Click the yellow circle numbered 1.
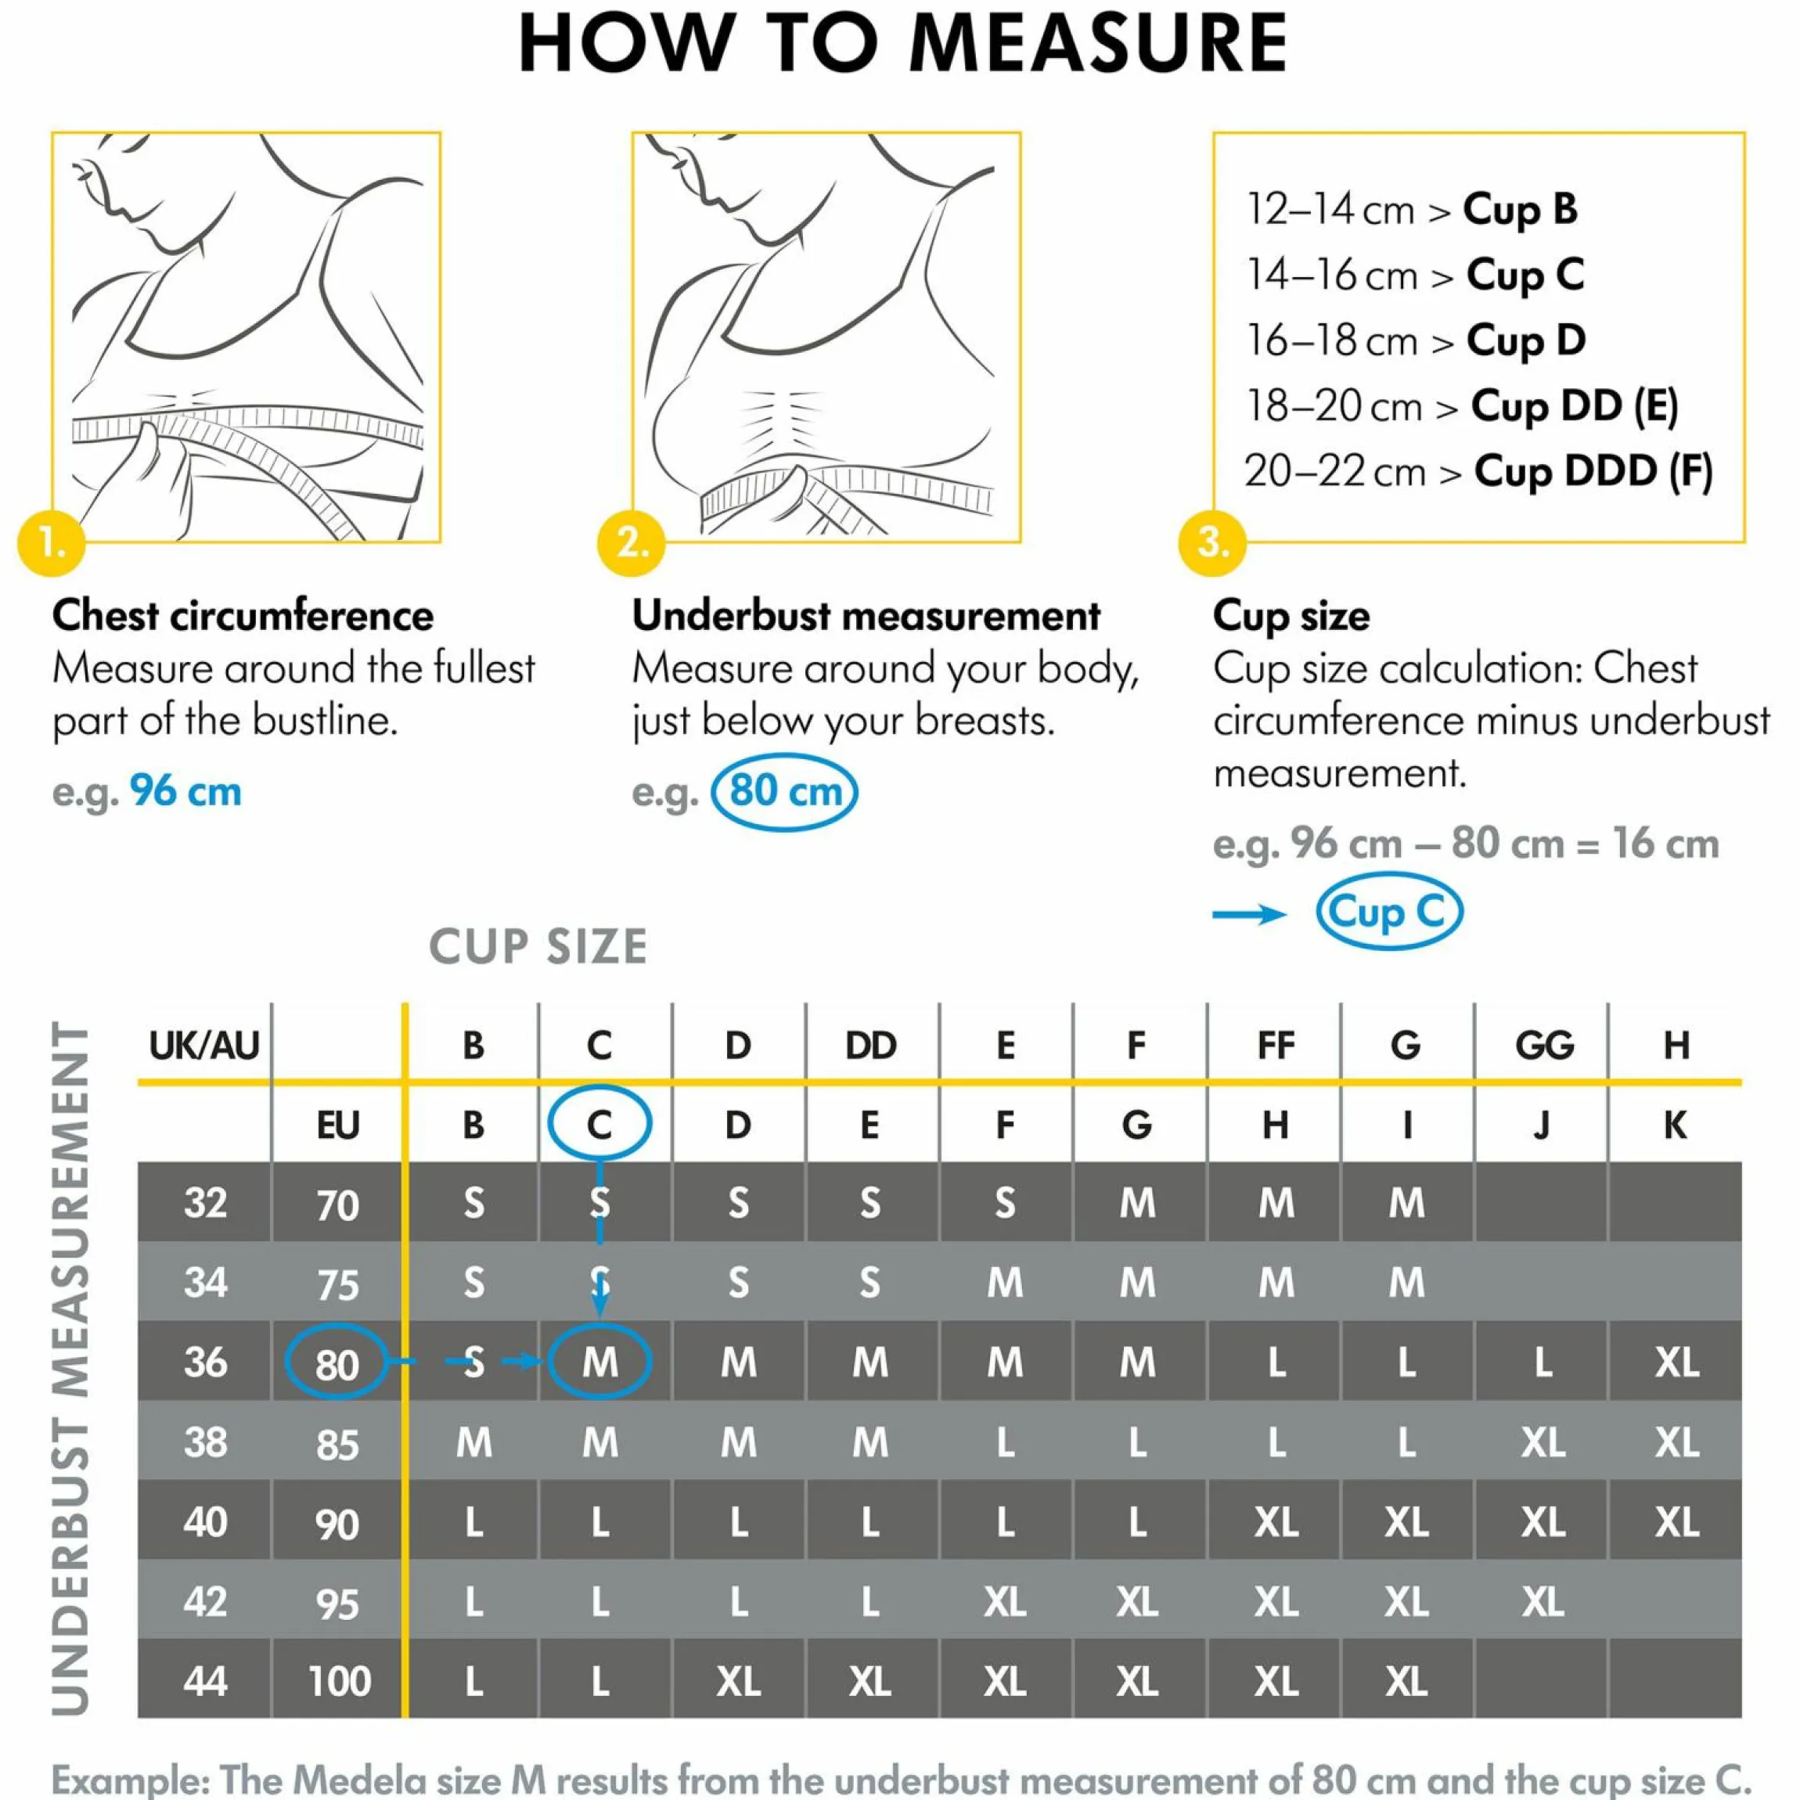(x=51, y=542)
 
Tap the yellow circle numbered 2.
(x=632, y=542)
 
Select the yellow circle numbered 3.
(x=1212, y=542)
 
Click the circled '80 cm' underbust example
(x=783, y=792)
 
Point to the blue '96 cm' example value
(x=185, y=792)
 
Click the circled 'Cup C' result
(x=1389, y=911)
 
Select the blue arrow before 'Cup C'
(x=1249, y=914)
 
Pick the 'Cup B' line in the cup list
(x=1413, y=210)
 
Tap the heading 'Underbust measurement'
(x=866, y=616)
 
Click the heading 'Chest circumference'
(x=243, y=616)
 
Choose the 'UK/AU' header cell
(x=204, y=1046)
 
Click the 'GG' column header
(x=1544, y=1046)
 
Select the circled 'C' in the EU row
(x=599, y=1123)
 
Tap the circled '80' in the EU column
(x=337, y=1363)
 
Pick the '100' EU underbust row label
(x=339, y=1682)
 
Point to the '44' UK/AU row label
(x=205, y=1682)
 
